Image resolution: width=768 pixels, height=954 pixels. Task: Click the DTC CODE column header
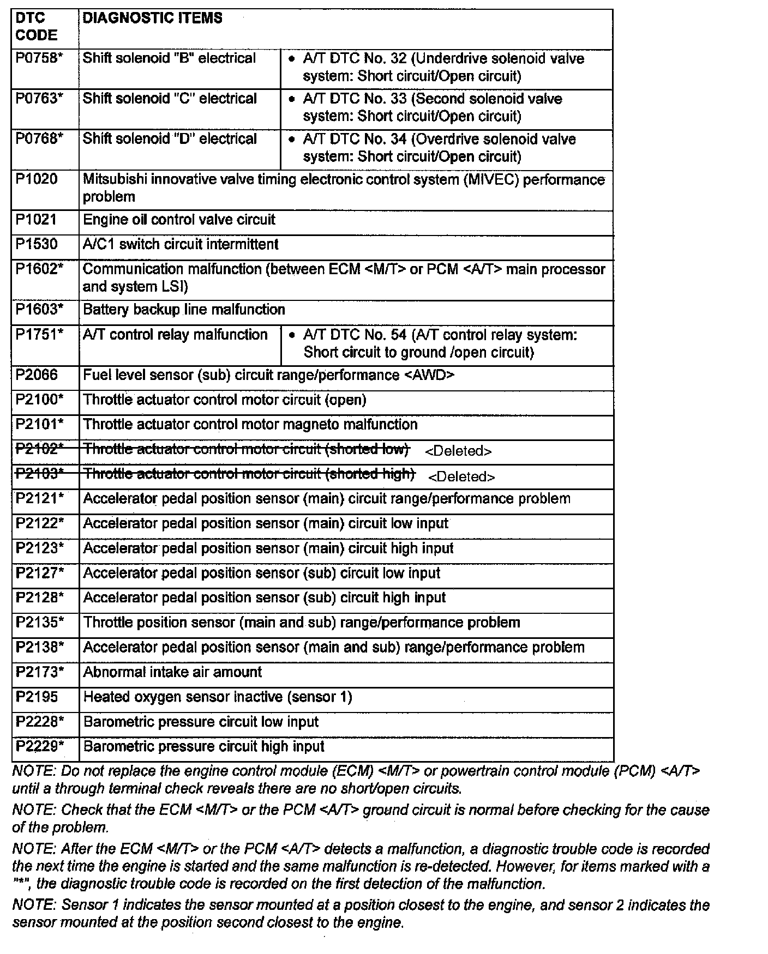click(36, 27)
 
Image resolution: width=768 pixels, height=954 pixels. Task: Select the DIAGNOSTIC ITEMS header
click(152, 18)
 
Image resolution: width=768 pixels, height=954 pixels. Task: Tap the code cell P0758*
click(39, 58)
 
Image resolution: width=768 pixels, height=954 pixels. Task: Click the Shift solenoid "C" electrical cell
click(170, 99)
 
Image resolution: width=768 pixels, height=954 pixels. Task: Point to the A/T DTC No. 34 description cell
click(439, 148)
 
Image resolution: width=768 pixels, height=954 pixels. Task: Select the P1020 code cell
click(37, 179)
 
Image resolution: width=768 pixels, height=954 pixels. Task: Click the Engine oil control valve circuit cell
click(179, 220)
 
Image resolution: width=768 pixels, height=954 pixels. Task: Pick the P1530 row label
click(37, 244)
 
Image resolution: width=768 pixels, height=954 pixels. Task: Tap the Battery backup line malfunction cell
click(184, 310)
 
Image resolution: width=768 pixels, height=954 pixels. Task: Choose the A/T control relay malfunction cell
click(175, 335)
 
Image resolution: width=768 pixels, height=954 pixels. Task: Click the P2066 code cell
click(37, 375)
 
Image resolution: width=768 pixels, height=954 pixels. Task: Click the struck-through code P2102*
click(39, 449)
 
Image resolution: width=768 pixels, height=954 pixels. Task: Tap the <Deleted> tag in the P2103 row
click(461, 477)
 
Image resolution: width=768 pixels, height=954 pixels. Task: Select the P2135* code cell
click(40, 623)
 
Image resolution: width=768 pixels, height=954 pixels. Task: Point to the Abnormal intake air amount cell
click(172, 672)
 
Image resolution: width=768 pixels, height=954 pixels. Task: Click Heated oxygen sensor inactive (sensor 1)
click(217, 697)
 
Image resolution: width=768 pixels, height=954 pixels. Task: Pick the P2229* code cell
click(40, 746)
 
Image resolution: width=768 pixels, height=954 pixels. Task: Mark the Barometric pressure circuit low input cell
click(201, 722)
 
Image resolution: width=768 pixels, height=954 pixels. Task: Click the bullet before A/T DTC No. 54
click(293, 335)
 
